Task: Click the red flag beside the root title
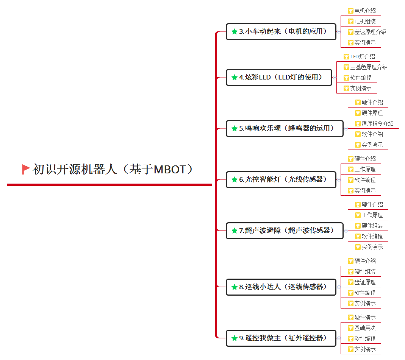26,169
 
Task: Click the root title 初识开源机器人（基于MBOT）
113,169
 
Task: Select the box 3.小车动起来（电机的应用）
281,31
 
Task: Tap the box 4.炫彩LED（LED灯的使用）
279,77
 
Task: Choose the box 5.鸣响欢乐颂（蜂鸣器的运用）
285,128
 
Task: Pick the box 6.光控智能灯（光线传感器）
281,179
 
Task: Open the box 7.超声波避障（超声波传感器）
285,231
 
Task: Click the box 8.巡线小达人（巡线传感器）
281,287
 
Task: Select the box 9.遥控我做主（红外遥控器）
281,338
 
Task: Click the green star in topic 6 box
235,179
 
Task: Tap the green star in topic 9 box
235,338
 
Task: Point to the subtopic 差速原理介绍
370,32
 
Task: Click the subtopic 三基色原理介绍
369,67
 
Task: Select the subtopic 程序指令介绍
377,124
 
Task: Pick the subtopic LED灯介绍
363,56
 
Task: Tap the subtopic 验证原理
365,282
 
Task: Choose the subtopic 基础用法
365,328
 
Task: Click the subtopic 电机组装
365,22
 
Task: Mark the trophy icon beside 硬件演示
350,318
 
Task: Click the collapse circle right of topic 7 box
346,231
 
